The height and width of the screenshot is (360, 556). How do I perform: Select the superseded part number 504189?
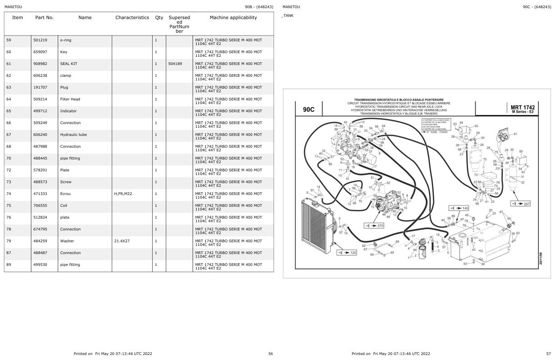tap(175, 64)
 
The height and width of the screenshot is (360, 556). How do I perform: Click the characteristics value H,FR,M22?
tap(123, 194)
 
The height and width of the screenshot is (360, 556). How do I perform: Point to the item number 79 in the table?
tap(9, 241)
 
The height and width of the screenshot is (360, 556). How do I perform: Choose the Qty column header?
tap(159, 18)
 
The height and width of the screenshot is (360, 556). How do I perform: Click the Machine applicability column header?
tap(233, 18)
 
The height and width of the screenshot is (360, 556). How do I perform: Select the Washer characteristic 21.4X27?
tap(122, 241)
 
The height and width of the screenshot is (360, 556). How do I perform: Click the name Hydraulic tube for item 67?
tap(73, 135)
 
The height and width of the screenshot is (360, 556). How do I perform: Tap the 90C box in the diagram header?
tap(308, 110)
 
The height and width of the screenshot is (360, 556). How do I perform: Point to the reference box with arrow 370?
tap(374, 225)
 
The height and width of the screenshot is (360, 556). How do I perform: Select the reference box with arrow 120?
tap(347, 252)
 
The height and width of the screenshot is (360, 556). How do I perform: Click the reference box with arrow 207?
tap(520, 204)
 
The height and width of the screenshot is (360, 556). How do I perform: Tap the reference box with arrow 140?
tap(459, 208)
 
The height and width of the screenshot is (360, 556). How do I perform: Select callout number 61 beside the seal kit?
tap(515, 134)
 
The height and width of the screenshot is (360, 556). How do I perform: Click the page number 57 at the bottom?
tap(548, 354)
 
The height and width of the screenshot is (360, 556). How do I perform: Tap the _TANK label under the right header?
tap(287, 15)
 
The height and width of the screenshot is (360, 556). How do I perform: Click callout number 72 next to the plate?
tap(476, 175)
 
